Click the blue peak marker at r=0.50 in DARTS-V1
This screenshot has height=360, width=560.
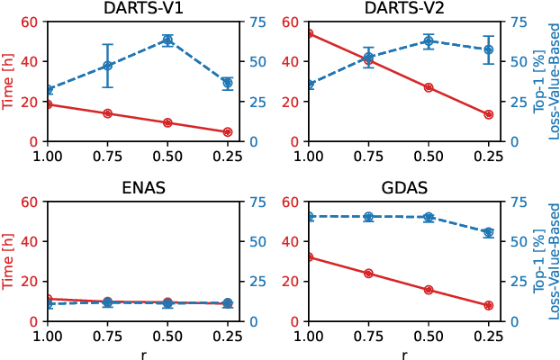[167, 40]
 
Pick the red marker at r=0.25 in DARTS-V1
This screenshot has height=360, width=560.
[227, 132]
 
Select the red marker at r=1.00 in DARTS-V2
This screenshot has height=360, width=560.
[309, 33]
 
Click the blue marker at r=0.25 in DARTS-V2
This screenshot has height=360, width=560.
[489, 49]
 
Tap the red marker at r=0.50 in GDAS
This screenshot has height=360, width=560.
[429, 290]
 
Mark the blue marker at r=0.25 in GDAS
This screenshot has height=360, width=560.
[489, 232]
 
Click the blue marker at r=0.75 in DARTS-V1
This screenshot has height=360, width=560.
[107, 66]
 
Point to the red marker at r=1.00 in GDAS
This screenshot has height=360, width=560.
[309, 256]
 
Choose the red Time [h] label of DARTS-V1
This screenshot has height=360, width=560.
[9, 81]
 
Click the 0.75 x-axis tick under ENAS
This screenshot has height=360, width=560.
[107, 336]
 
